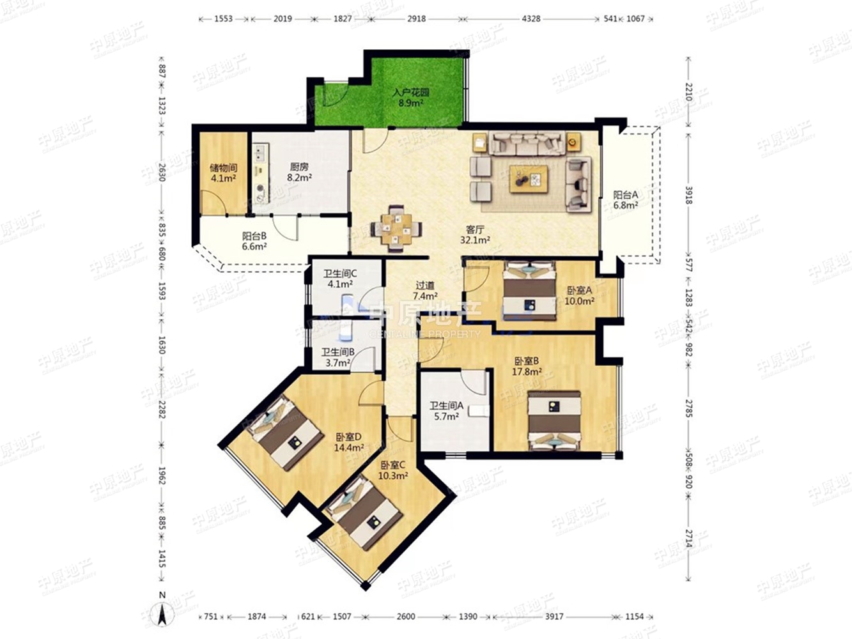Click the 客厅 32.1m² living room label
tap(475, 235)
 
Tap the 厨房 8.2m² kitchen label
tap(299, 173)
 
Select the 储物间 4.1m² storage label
tap(223, 173)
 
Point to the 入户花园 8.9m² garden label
tap(411, 98)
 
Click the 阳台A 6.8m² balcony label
tap(626, 200)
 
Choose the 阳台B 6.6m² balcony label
tap(254, 241)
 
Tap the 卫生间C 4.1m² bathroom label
tap(341, 279)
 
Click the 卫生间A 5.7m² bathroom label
tap(446, 412)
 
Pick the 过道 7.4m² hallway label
tap(425, 291)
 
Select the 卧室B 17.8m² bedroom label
tap(527, 366)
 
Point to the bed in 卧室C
tap(363, 512)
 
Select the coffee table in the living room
tap(529, 178)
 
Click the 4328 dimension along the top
tap(531, 19)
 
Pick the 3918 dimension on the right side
tap(688, 195)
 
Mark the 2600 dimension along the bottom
tap(406, 617)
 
